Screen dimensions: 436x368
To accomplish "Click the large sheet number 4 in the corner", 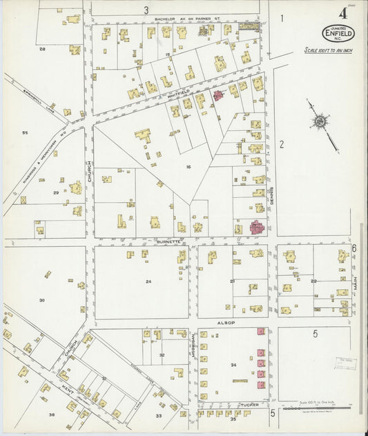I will pyautogui.click(x=342, y=13).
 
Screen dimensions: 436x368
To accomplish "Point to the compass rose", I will pyautogui.click(x=320, y=122).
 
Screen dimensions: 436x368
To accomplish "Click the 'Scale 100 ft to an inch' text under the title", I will pyautogui.click(x=328, y=50).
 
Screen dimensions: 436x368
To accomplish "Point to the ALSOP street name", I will pyautogui.click(x=226, y=322).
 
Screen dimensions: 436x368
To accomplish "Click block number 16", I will pyautogui.click(x=187, y=166).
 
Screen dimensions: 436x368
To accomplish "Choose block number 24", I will pyautogui.click(x=148, y=281).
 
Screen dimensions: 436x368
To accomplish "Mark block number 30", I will pyautogui.click(x=42, y=300).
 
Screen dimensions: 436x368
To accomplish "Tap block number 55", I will pyautogui.click(x=25, y=132).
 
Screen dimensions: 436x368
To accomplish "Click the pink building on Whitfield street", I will pyautogui.click(x=220, y=95).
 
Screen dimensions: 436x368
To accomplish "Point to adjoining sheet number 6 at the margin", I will pyautogui.click(x=354, y=248).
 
